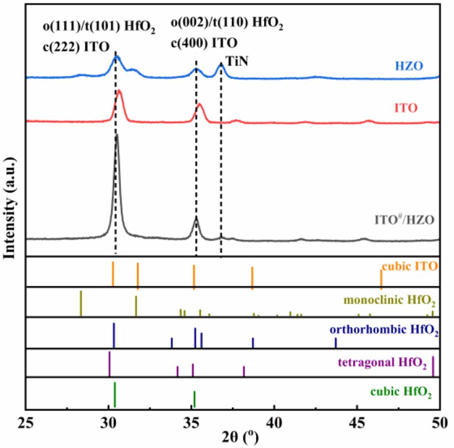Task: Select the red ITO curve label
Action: pyautogui.click(x=406, y=108)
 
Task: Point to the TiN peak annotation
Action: pyautogui.click(x=237, y=62)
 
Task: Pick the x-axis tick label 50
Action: pyautogui.click(x=438, y=421)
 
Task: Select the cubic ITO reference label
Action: pyautogui.click(x=410, y=266)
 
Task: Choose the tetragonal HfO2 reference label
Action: pyautogui.click(x=382, y=364)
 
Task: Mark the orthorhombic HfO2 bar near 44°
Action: pyautogui.click(x=336, y=343)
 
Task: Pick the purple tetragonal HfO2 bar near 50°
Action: pyautogui.click(x=433, y=366)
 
